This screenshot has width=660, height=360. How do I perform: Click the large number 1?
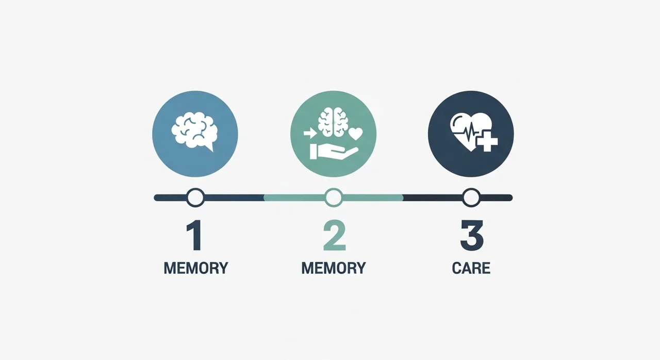click(x=194, y=235)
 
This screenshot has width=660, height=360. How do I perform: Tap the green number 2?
click(x=335, y=235)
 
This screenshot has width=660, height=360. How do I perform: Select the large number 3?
click(x=472, y=235)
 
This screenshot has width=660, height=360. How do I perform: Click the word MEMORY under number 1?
click(x=196, y=268)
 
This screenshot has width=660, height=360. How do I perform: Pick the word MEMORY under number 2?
click(x=334, y=268)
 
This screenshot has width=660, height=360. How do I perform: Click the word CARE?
click(x=471, y=268)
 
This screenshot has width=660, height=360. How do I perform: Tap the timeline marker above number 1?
click(x=195, y=198)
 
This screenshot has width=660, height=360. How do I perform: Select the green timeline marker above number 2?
click(x=334, y=198)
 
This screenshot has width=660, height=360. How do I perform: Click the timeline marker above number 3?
click(x=471, y=198)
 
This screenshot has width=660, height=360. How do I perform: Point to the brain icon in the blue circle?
click(x=194, y=130)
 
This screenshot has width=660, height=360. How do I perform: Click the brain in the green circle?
click(x=333, y=122)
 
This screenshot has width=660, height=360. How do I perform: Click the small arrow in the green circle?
click(x=310, y=134)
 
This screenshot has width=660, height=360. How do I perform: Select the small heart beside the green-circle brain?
click(x=356, y=134)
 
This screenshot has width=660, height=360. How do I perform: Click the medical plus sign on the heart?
click(x=487, y=141)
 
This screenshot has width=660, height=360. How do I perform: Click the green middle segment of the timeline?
click(x=334, y=198)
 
